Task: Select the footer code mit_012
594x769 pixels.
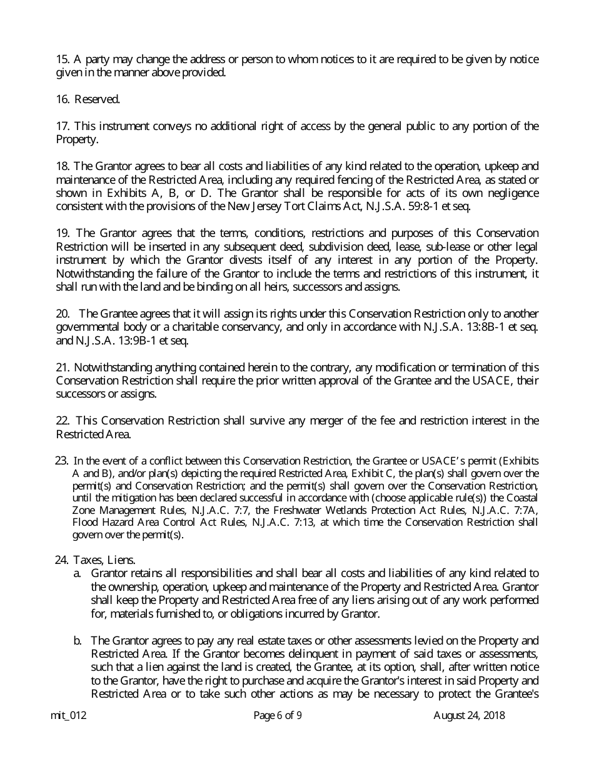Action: pyautogui.click(x=68, y=716)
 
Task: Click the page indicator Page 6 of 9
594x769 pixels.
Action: pyautogui.click(x=278, y=716)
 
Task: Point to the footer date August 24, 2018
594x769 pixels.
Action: pyautogui.click(x=469, y=716)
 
